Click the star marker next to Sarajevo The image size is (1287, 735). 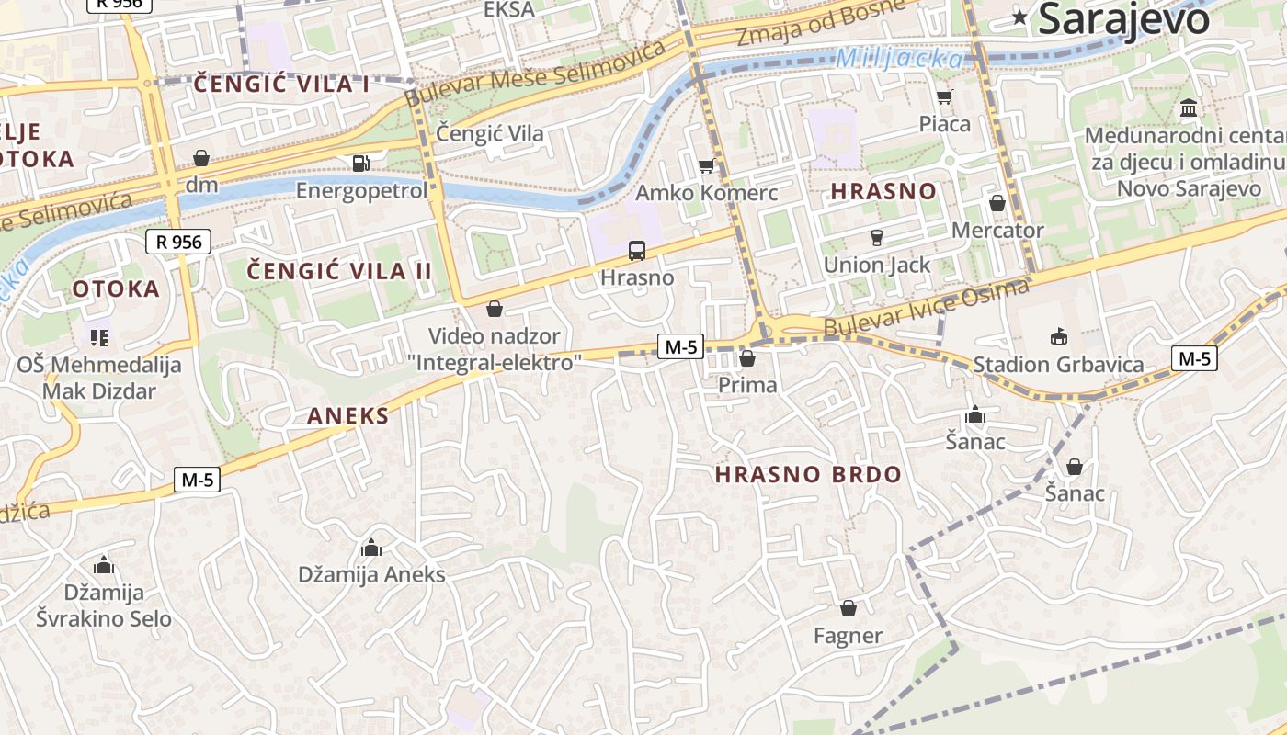click(1019, 17)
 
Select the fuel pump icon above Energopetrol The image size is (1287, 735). click(361, 164)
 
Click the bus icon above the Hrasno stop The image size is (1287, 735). click(636, 250)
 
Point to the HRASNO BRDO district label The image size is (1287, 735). click(808, 475)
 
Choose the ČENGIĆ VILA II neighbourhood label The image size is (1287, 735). click(340, 271)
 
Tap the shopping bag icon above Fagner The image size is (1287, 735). click(848, 608)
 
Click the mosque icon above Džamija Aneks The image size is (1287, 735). click(371, 548)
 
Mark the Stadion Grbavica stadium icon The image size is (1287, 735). click(1058, 337)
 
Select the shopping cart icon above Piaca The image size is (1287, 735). click(944, 96)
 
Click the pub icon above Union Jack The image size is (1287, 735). click(876, 238)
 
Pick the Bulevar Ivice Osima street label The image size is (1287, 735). click(927, 310)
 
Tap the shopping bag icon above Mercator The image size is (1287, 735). click(997, 203)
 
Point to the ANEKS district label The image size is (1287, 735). click(347, 416)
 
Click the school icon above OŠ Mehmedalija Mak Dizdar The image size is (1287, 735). click(98, 337)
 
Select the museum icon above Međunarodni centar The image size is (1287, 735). click(1189, 109)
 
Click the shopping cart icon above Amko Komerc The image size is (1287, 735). click(706, 165)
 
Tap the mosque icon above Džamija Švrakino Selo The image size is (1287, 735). click(103, 565)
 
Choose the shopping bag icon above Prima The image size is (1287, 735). click(747, 358)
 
